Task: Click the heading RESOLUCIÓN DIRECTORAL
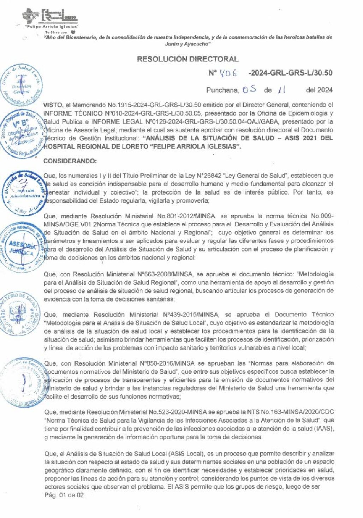[188, 59]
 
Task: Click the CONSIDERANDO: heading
[70, 161]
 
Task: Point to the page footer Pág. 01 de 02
[64, 495]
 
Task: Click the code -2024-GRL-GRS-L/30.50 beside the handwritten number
[290, 73]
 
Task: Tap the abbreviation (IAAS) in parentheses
[324, 429]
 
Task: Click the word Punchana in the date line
[222, 90]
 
